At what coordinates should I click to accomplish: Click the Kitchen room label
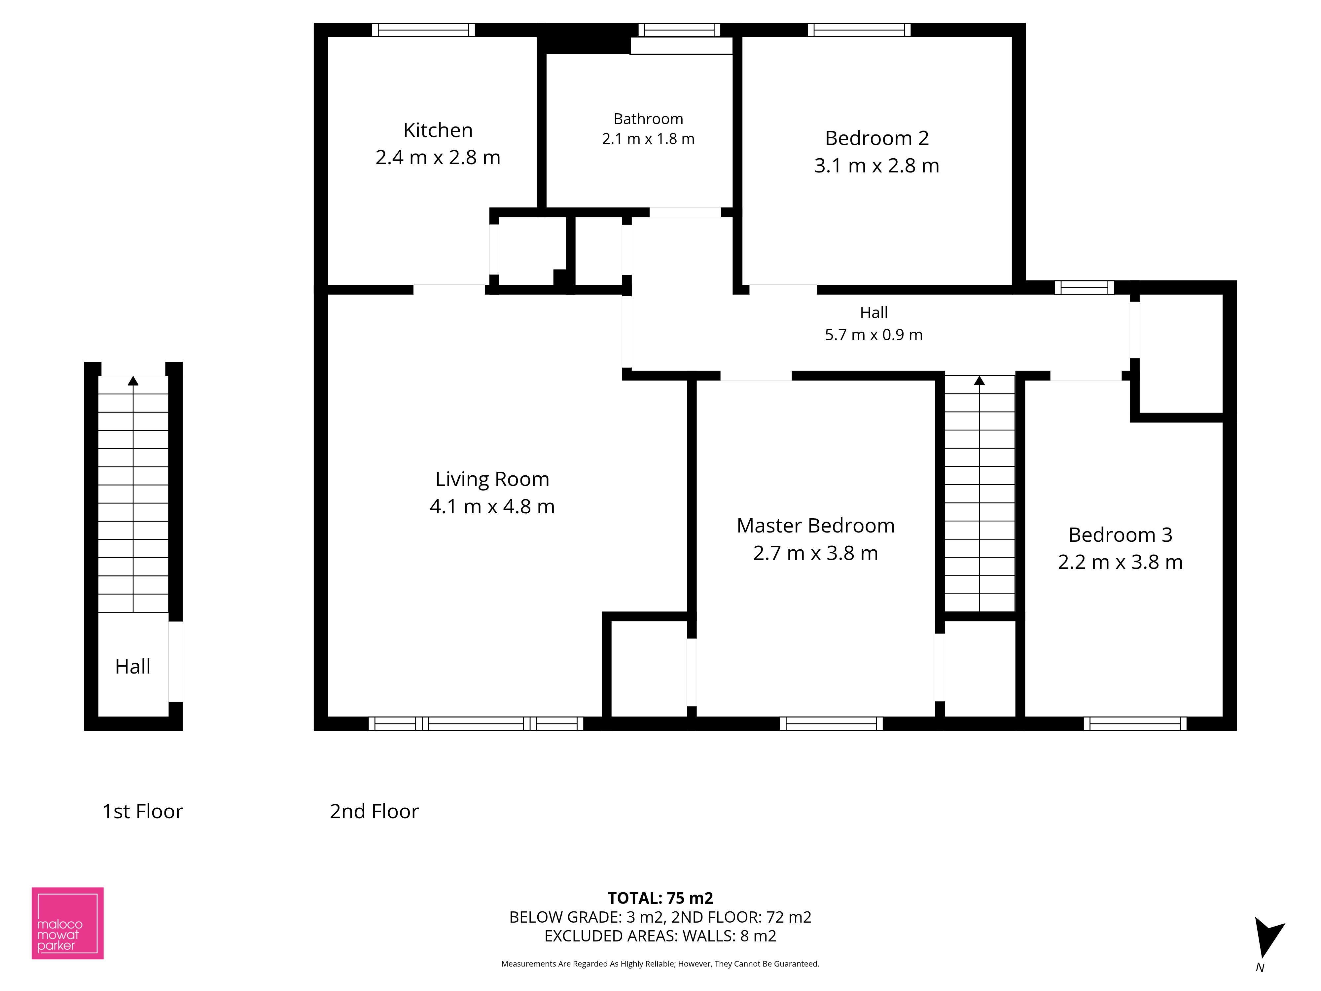pos(438,130)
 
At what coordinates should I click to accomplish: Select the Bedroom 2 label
pos(877,138)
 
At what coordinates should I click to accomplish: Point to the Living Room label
pos(492,479)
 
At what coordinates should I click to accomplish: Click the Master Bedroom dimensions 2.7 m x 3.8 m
pos(816,553)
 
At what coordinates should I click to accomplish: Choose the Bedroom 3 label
pos(1120,534)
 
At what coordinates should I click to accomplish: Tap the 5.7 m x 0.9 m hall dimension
pos(874,335)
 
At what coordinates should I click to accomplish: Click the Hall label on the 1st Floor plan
pos(132,667)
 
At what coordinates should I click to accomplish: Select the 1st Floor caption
pos(143,811)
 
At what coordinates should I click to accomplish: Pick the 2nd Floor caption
pos(375,811)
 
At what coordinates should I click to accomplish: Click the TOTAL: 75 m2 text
pos(660,899)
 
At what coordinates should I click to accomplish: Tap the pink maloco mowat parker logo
pos(67,924)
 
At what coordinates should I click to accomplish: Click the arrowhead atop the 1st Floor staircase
pos(133,381)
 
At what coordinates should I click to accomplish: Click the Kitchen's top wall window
pos(423,30)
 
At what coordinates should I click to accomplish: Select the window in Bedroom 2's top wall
pos(859,30)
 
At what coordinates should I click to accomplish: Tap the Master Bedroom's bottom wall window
pos(831,723)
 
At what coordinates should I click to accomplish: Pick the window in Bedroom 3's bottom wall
pos(1135,723)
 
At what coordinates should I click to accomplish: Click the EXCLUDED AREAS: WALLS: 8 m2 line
pos(660,936)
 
